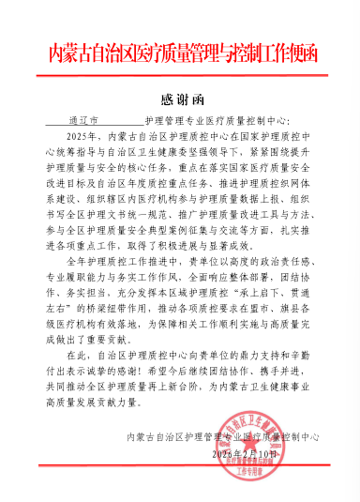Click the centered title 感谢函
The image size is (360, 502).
(x=179, y=100)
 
